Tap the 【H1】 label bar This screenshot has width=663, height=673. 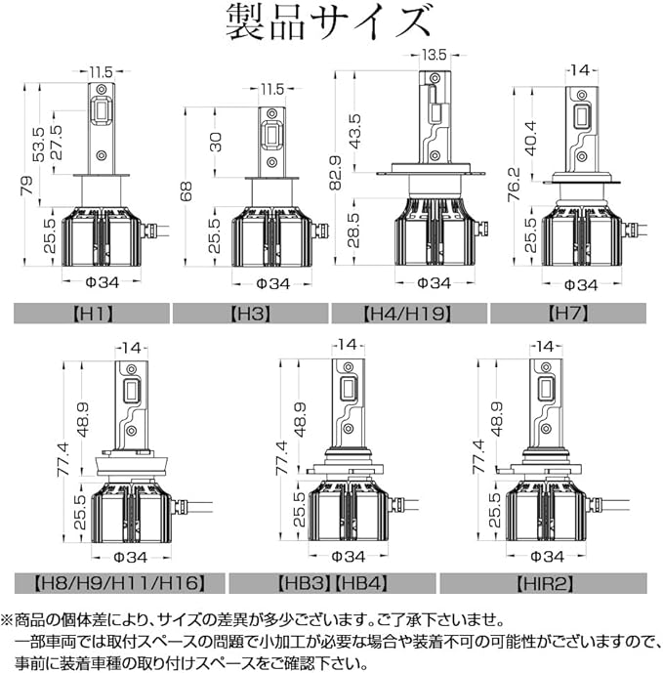pyautogui.click(x=92, y=314)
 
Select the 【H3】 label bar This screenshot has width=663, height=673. pyautogui.click(x=251, y=314)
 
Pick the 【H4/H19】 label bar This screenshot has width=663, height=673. pyautogui.click(x=409, y=314)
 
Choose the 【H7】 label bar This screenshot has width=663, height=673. pyautogui.click(x=567, y=314)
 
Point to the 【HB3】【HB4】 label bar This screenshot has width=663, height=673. pyautogui.click(x=331, y=583)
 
